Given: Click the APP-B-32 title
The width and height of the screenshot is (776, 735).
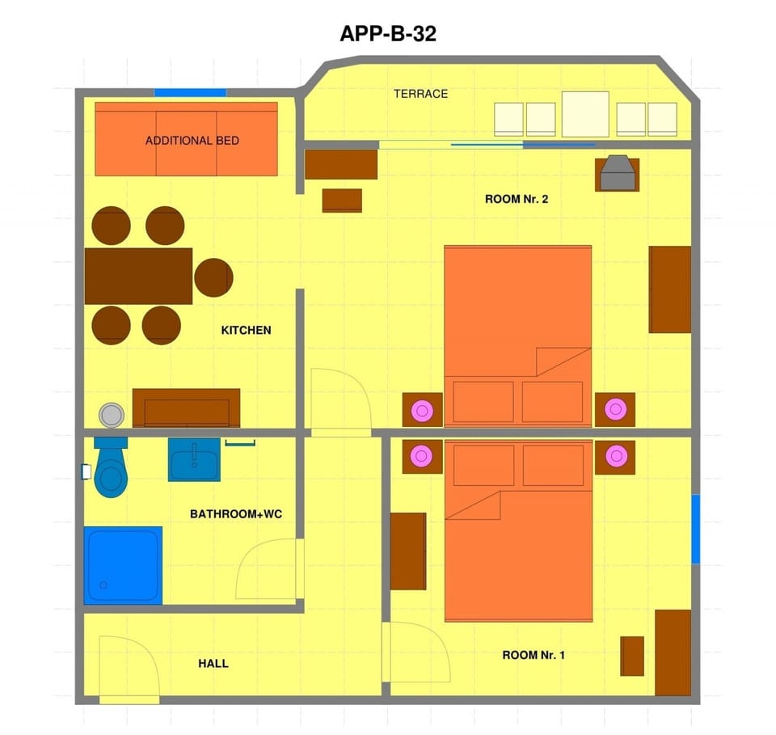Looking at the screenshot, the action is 388,34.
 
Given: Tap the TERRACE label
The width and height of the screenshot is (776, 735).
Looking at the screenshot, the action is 420,94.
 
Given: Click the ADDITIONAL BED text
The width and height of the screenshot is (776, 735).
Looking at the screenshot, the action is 192,141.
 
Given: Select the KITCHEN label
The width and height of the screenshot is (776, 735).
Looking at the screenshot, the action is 246,330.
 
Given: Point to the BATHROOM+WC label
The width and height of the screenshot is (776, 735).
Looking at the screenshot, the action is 236,513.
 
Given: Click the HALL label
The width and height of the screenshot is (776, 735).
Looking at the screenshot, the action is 213,664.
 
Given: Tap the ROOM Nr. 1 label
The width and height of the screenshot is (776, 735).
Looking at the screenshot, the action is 533,655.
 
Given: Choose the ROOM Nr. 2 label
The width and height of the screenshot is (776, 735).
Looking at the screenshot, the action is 517,199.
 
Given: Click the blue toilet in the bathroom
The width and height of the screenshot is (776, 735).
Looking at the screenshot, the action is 111,467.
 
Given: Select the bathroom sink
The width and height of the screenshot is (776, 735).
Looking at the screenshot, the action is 194,459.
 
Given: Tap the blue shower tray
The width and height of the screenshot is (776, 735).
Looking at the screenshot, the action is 123,565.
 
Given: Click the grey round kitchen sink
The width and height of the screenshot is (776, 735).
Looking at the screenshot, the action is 112,415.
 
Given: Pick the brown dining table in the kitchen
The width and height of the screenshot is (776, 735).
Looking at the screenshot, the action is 138,277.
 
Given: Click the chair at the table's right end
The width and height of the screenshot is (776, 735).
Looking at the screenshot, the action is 213,277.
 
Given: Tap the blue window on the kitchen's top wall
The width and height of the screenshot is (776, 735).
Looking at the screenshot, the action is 191,92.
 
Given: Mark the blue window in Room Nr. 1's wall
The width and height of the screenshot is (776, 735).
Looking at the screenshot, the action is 695,529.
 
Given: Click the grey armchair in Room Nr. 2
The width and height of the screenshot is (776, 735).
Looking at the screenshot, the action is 617,173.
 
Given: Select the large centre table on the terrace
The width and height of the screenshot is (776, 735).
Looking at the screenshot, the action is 585,114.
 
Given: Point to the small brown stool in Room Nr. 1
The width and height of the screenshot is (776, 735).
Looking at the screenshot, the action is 632,657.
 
